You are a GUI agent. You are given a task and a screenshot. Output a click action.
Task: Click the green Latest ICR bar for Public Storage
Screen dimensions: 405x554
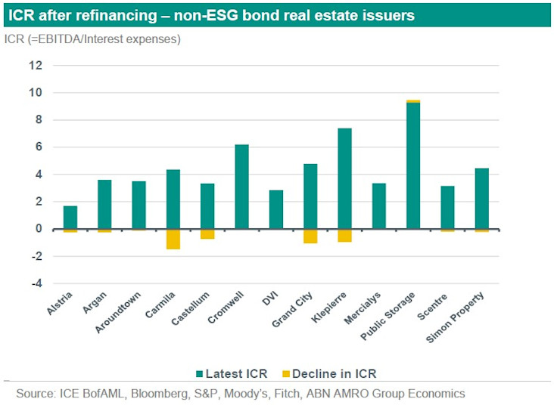[412, 165]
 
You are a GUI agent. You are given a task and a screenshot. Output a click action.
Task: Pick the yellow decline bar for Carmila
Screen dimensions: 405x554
[173, 239]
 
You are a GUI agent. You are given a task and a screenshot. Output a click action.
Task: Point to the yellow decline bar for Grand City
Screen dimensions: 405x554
[310, 236]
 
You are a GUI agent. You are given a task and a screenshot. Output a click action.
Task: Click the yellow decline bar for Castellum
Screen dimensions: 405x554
[207, 233]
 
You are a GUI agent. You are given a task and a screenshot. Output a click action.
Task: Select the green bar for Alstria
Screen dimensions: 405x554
[70, 218]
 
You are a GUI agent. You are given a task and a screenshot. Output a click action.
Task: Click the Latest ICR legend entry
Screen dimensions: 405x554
[232, 373]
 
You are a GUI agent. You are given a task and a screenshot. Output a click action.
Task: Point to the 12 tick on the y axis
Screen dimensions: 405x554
[36, 66]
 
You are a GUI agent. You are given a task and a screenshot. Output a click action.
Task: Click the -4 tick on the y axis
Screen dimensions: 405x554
[36, 284]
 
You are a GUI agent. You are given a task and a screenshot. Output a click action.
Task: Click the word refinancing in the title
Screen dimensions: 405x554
[109, 15]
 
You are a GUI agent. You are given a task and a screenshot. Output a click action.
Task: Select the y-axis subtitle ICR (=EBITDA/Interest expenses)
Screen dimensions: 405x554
[92, 39]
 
